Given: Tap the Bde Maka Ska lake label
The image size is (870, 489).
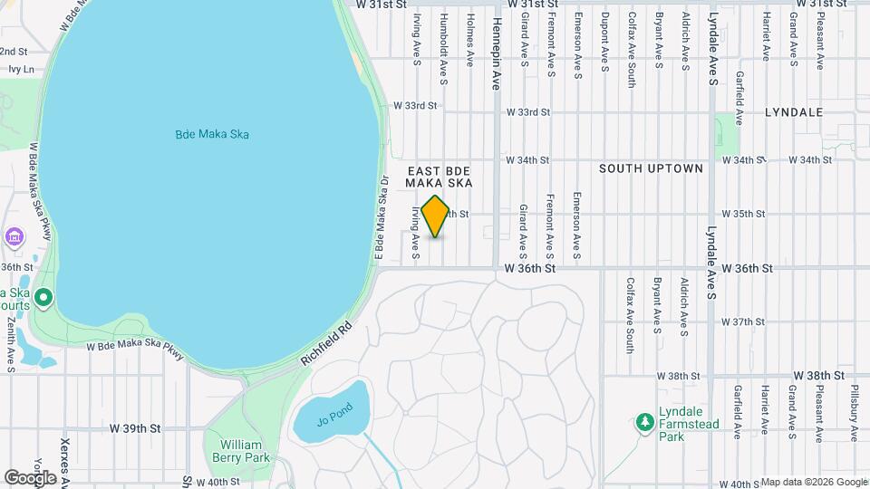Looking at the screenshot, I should coord(212,135).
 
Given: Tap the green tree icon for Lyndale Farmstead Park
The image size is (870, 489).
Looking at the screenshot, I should coord(644,422).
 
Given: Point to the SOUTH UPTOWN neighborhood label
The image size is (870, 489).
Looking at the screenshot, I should coord(651,168).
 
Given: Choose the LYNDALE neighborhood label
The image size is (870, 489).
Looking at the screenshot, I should coord(793,112).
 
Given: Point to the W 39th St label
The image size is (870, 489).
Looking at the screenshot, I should coord(134,427).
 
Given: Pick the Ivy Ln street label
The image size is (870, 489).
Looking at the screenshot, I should coord(18,69).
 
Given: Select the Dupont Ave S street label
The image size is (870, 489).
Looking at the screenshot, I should coord(604,43).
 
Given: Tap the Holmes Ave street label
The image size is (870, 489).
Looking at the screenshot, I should coord(469,39).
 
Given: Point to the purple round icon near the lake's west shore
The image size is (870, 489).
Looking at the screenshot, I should coord(14,237).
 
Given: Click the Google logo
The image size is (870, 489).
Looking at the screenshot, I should coord(31,477).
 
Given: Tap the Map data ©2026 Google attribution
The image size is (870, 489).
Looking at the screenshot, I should coord(814,482).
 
